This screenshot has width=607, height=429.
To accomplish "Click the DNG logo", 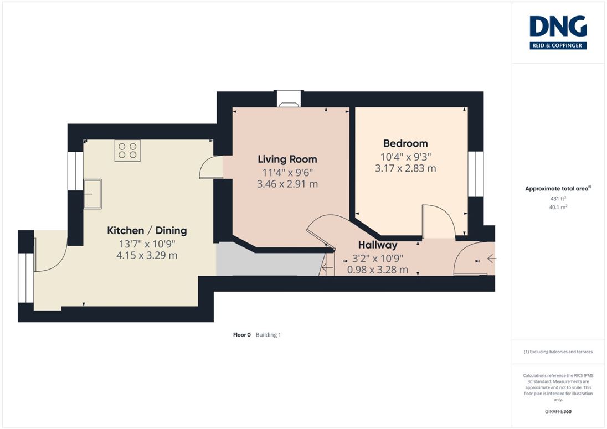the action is coord(558,33).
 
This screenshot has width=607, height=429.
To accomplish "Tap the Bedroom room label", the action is coord(405,143).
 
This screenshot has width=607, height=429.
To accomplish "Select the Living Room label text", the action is coord(287,159).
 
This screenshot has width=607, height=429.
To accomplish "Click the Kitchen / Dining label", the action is coord(147,231).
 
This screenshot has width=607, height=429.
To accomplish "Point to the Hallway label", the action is coord(378,245).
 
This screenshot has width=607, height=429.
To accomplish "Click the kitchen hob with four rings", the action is coord(127,151).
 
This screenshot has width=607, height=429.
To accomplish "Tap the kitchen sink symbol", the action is coord(92,194).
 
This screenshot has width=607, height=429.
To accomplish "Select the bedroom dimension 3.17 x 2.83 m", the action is coord(405,168).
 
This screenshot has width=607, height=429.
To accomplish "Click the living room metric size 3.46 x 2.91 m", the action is coord(287,184).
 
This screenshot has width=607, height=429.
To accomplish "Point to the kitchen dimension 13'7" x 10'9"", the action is coord(147,244).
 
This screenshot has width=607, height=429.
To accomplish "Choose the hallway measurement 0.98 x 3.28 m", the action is coord(378,270).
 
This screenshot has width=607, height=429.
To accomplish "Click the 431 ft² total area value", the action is coord(558,198).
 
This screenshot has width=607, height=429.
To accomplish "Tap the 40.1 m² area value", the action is coord(558,207).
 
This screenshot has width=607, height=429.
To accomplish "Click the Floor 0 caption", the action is coord(242,335).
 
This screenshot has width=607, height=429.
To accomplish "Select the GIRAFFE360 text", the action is coord(558,411).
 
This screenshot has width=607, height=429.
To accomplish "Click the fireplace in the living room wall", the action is coord(289,99).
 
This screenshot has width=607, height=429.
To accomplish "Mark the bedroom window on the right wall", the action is coord(476,174).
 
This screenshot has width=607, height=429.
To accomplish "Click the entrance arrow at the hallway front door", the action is coord(492,259).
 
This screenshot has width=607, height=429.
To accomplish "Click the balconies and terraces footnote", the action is coord(558,352).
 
